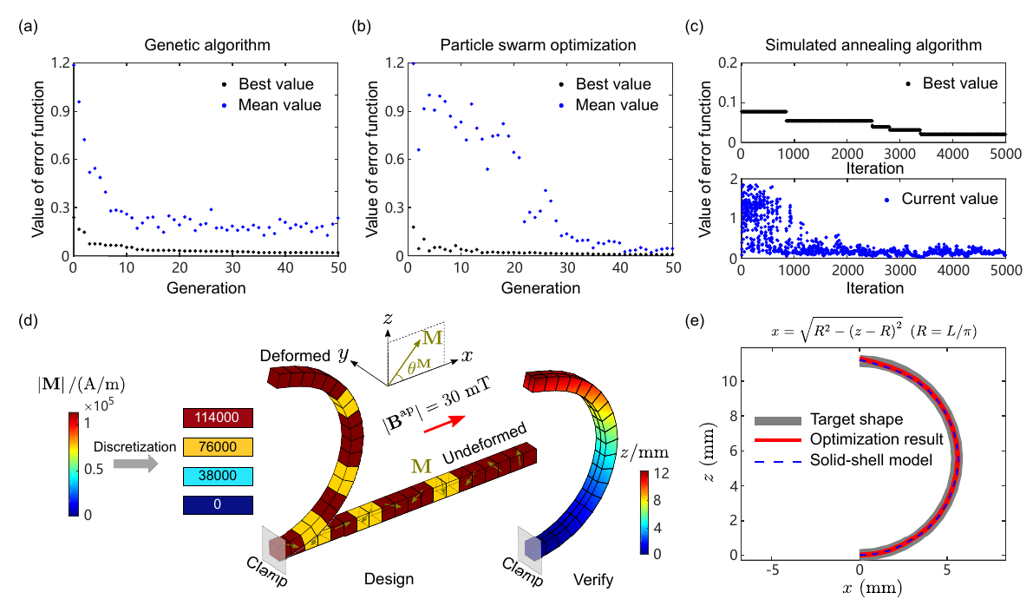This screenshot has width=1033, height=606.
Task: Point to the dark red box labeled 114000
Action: click(217, 418)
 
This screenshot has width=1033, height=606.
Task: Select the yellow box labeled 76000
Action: click(217, 447)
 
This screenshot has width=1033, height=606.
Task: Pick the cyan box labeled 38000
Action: click(217, 476)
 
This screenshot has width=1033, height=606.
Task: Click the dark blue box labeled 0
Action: click(217, 504)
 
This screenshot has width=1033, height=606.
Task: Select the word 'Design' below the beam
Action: click(389, 578)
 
